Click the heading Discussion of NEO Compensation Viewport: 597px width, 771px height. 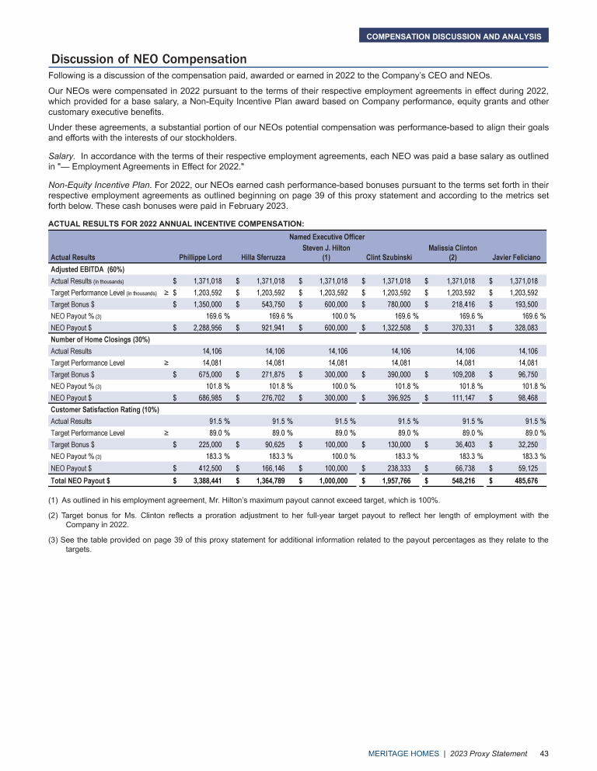[x=148, y=59]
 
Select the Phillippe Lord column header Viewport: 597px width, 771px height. [x=201, y=257]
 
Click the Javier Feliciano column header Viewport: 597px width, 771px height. [x=521, y=257]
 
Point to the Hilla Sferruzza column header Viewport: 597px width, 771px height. [x=264, y=257]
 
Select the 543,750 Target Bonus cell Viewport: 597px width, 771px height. [x=270, y=304]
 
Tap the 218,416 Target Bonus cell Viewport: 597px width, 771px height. [x=460, y=304]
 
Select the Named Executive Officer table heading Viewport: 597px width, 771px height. [x=328, y=236]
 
